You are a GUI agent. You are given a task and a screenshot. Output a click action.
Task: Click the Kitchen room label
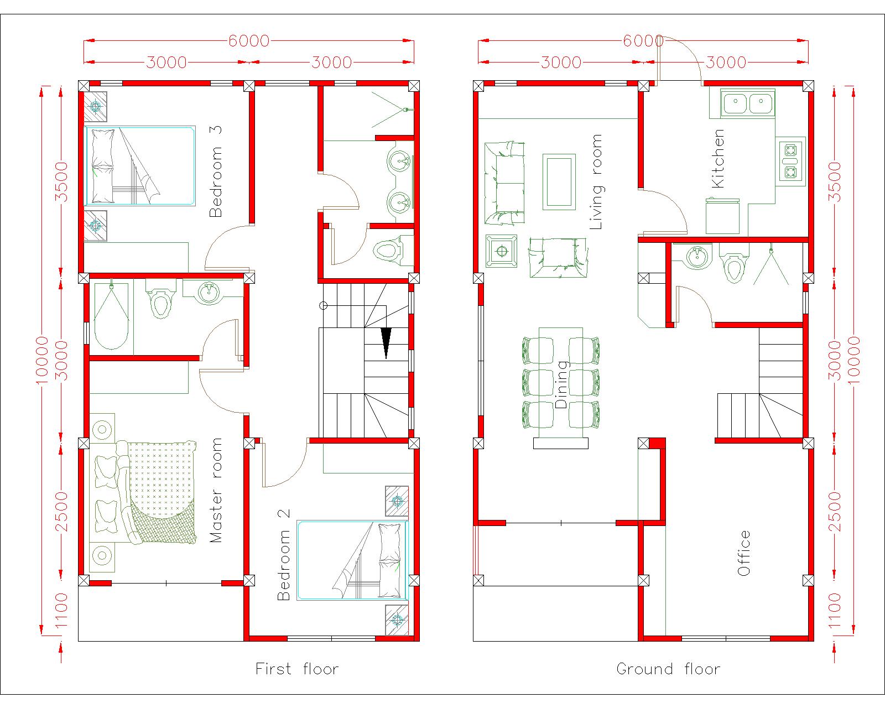point(717,159)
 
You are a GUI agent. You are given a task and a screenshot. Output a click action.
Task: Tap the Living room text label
point(596,182)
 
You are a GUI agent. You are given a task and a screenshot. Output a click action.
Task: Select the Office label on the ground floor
point(744,553)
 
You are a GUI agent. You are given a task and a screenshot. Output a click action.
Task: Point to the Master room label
point(216,490)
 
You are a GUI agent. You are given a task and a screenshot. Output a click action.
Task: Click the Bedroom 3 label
point(216,171)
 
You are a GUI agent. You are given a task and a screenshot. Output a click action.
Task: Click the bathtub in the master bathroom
point(111,317)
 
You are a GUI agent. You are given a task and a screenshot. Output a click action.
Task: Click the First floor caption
point(297,669)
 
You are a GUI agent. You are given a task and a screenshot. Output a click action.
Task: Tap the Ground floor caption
point(668,669)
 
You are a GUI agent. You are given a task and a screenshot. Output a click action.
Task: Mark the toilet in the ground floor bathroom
point(733,268)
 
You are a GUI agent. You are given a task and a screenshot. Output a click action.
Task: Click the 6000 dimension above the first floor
point(248,41)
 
